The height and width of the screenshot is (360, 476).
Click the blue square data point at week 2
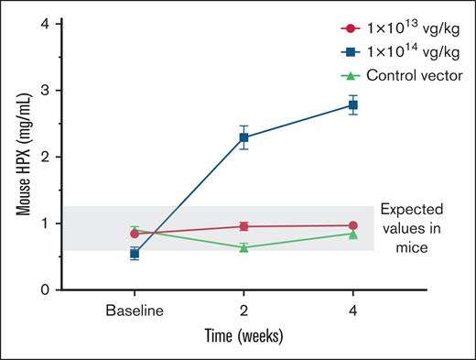[243, 137]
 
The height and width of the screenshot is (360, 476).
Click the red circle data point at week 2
[243, 226]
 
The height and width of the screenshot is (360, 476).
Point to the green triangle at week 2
[243, 247]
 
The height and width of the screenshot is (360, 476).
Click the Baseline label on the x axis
[135, 311]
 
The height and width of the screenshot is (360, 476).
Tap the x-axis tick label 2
[243, 311]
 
